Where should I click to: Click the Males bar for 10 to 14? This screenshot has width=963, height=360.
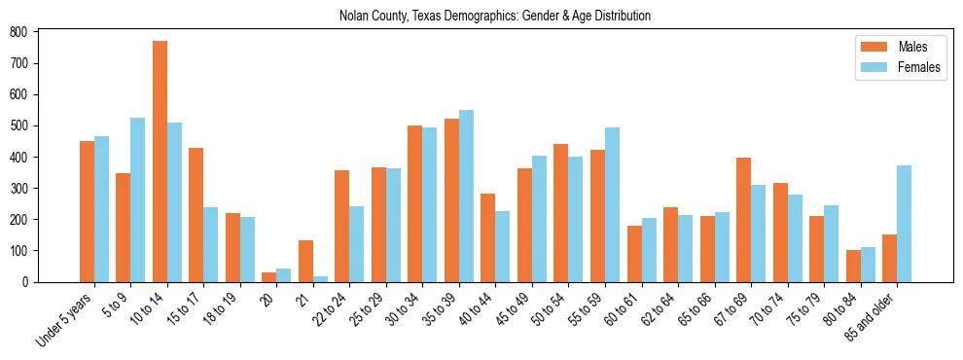tap(160, 162)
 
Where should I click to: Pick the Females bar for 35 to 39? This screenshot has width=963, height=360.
tap(466, 196)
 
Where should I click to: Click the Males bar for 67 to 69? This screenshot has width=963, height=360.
tap(744, 220)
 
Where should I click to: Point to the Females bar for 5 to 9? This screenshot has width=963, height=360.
tap(138, 199)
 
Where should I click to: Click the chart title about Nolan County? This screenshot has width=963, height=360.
tap(495, 16)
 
